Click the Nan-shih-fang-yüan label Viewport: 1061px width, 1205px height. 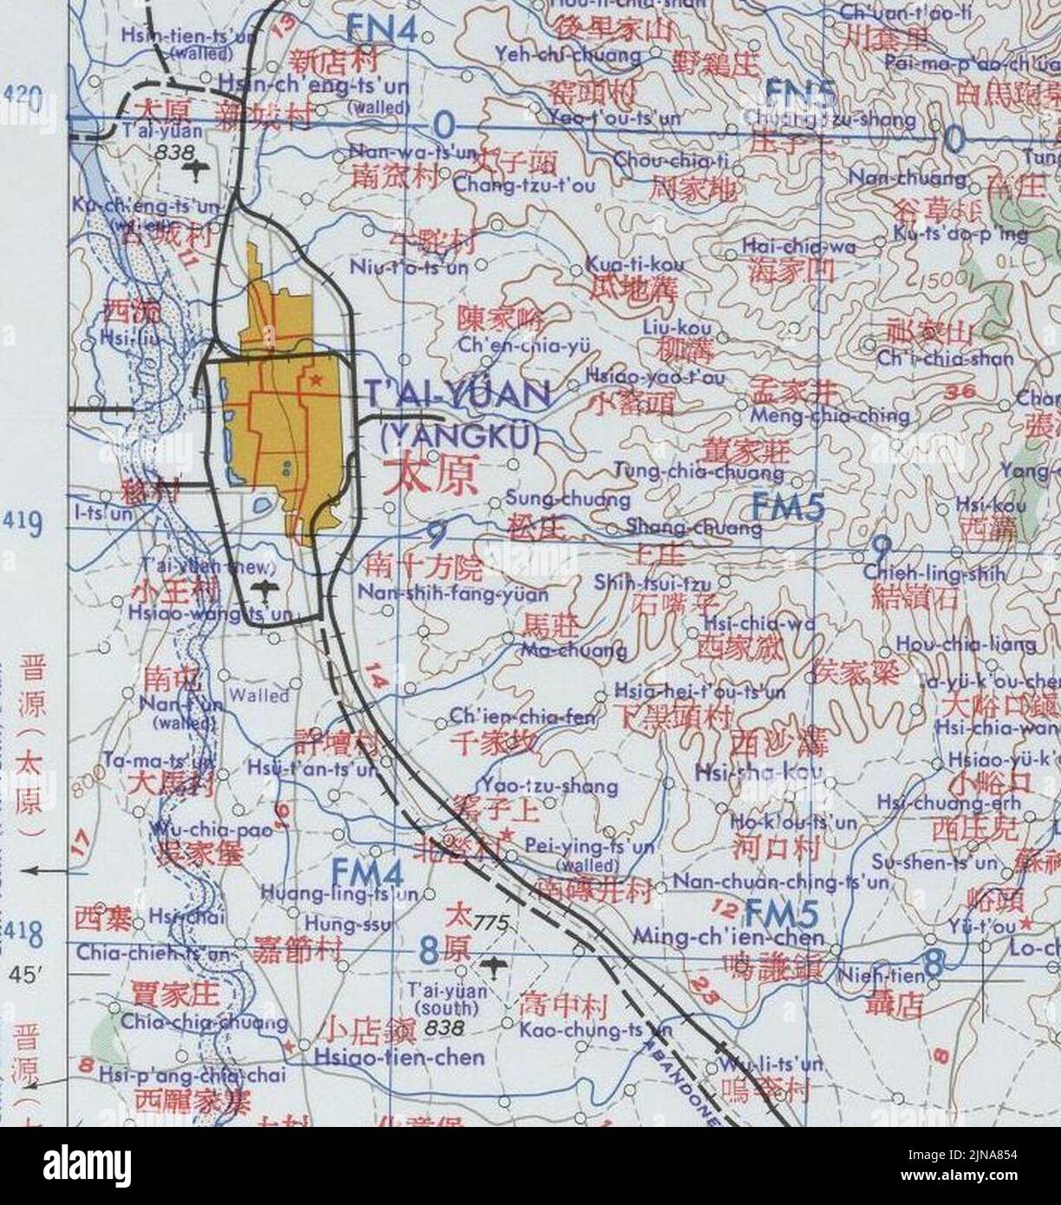[452, 595]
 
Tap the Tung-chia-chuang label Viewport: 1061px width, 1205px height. [699, 472]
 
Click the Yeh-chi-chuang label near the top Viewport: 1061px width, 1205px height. [568, 55]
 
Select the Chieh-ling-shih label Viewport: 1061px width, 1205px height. [934, 574]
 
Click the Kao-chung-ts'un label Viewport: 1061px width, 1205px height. [596, 1030]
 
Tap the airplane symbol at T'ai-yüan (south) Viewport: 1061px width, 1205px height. [493, 964]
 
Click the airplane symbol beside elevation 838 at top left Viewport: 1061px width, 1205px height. [200, 167]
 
